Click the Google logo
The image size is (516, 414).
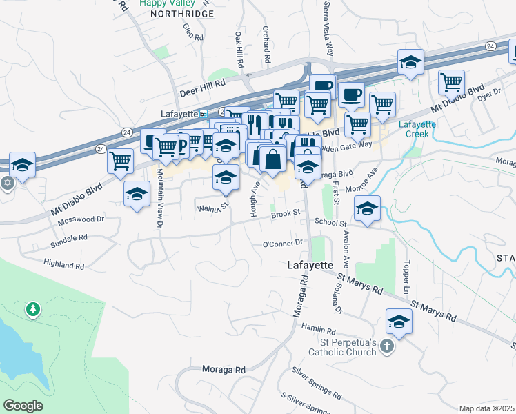(23, 406)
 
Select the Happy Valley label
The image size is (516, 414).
(162, 3)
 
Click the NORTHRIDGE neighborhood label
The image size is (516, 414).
(163, 13)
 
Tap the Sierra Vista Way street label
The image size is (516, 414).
(329, 28)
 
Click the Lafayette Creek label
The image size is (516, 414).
(418, 129)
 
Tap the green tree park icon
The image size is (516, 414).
(32, 309)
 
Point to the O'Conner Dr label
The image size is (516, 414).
(283, 243)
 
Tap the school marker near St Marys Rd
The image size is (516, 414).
(399, 321)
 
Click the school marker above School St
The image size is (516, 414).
(368, 208)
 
